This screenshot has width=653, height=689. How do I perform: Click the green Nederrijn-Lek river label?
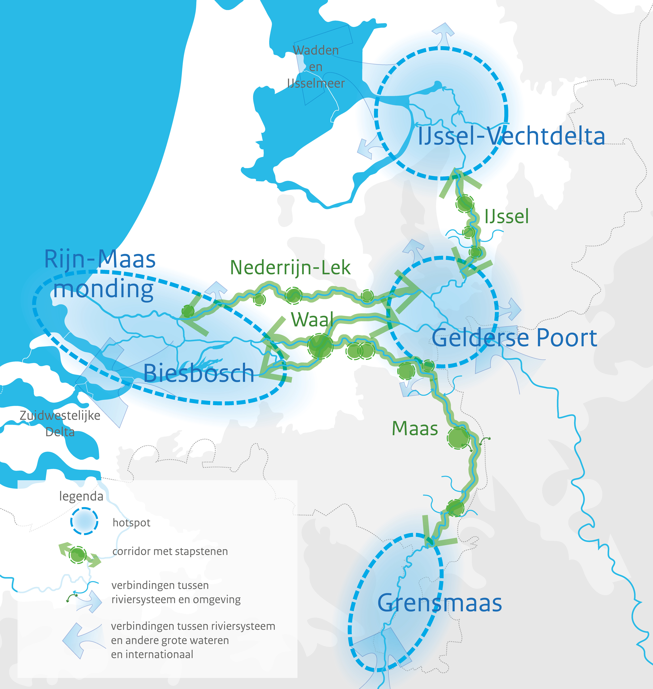click(x=290, y=268)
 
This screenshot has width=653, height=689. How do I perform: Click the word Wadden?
click(x=316, y=50)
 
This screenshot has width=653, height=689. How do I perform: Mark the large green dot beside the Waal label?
click(x=320, y=346)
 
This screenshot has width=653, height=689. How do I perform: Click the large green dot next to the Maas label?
click(x=458, y=438)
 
